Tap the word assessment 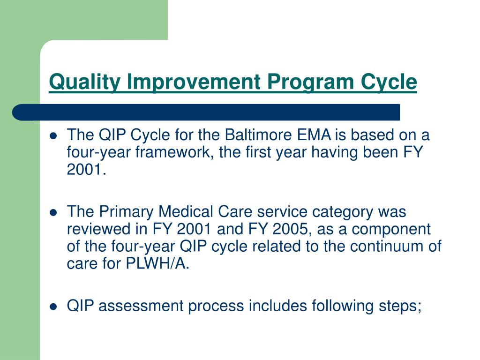141,306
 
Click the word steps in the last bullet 400,306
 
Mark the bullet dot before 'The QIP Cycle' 53,136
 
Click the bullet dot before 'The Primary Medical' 53,212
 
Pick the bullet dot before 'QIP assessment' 53,307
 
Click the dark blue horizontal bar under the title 206,112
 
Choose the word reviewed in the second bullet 98,229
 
